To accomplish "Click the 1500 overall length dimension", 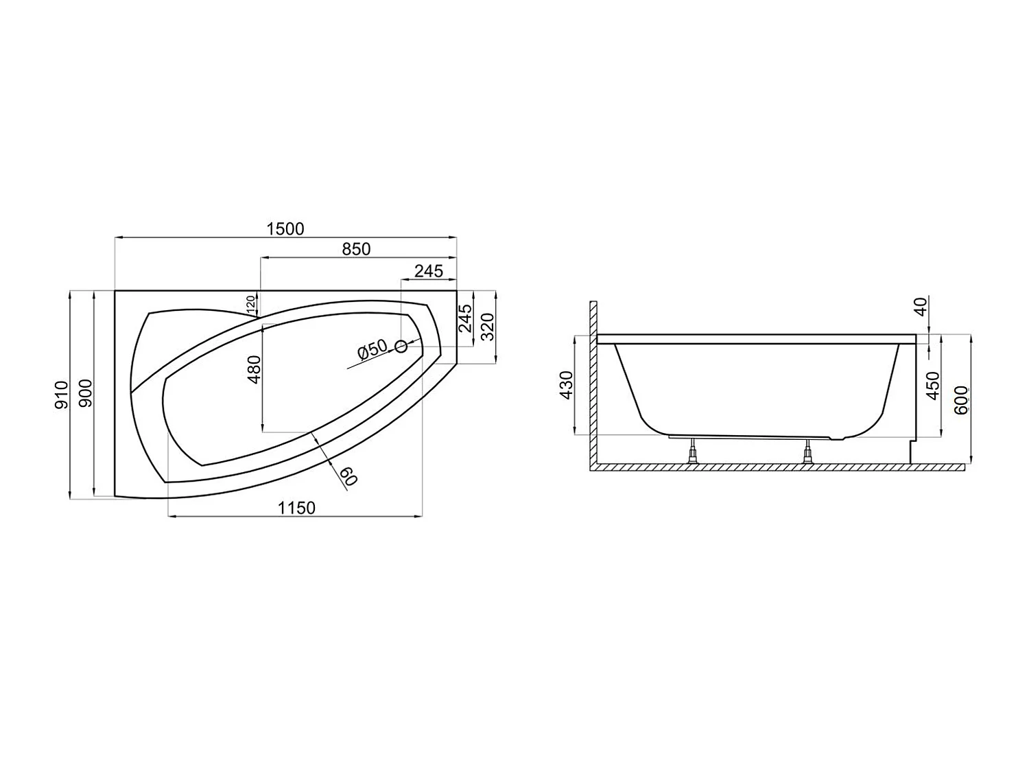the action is pyautogui.click(x=285, y=229).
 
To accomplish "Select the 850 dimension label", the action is pyautogui.click(x=356, y=249).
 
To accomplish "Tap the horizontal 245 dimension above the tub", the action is pyautogui.click(x=429, y=271).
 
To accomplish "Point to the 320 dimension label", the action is pyautogui.click(x=488, y=327).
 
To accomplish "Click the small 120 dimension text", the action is pyautogui.click(x=251, y=305).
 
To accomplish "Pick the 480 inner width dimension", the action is pyautogui.click(x=254, y=370).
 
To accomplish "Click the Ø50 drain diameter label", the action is pyautogui.click(x=372, y=349).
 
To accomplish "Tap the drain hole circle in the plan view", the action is pyautogui.click(x=401, y=347).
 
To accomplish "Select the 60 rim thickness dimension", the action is pyautogui.click(x=348, y=476).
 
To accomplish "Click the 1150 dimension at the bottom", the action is pyautogui.click(x=296, y=508).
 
